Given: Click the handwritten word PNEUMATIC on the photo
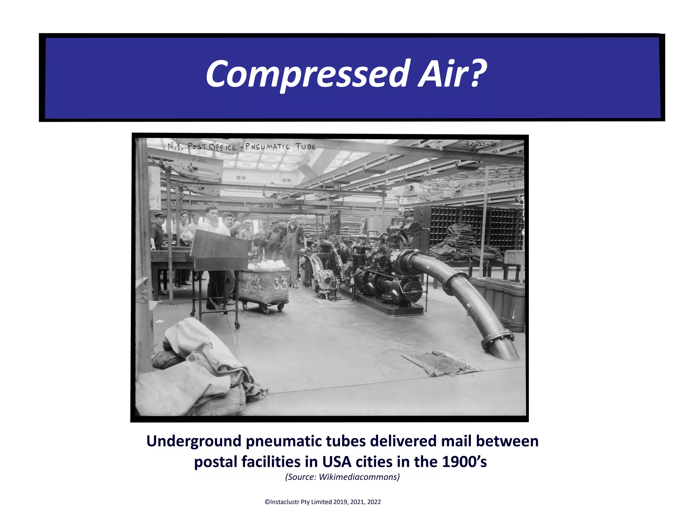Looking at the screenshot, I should pyautogui.click(x=267, y=147).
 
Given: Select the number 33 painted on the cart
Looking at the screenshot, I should pyautogui.click(x=280, y=284).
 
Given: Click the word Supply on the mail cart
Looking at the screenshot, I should pyautogui.click(x=251, y=278).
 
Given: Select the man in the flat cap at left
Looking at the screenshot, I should pyautogui.click(x=157, y=234).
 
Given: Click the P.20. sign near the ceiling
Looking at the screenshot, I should pyautogui.click(x=200, y=161).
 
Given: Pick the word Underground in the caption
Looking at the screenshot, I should pyautogui.click(x=194, y=441).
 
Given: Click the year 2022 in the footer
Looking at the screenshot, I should pyautogui.click(x=374, y=502).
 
